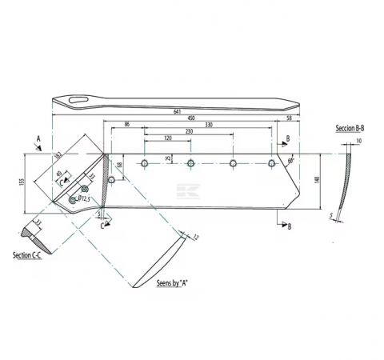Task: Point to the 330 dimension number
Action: (x=208, y=126)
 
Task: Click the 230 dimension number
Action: (x=189, y=132)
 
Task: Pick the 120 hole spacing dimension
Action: (x=167, y=138)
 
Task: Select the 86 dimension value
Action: (x=126, y=126)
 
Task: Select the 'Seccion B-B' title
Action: (x=350, y=129)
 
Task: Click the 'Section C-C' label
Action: (x=29, y=255)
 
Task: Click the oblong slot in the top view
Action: (x=77, y=100)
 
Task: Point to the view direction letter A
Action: (x=38, y=138)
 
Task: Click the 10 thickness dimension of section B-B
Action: (x=358, y=142)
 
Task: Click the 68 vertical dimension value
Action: (x=118, y=165)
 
